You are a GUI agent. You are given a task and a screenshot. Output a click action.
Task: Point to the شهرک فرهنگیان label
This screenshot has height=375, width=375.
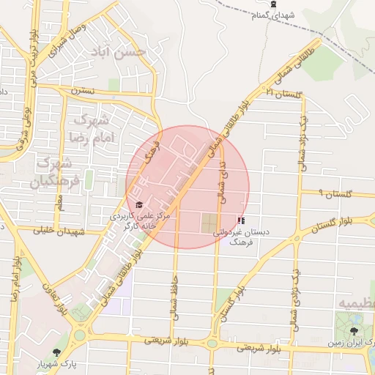click(52, 171)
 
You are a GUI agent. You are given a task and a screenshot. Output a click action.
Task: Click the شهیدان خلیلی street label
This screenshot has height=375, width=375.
click(60, 231)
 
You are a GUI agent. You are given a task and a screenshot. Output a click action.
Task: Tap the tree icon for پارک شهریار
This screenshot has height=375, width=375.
click(57, 353)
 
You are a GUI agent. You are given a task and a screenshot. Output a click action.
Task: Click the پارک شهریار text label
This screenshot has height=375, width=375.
click(57, 364)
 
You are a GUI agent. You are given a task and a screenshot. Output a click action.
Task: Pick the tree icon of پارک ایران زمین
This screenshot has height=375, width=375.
click(355, 331)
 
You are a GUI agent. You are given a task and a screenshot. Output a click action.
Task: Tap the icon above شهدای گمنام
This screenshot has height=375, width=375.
click(272, 4)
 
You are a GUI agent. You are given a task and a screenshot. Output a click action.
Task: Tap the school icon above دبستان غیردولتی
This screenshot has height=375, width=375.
click(242, 220)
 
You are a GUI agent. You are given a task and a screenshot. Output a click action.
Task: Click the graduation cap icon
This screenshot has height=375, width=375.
click(138, 205)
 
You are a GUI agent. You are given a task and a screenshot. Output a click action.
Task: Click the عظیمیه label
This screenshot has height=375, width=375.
click(357, 303)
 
